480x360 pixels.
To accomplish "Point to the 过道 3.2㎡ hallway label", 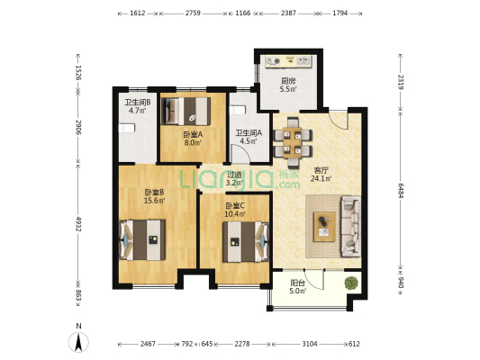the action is pyautogui.click(x=234, y=179).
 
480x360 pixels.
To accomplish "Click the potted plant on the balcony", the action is pyautogui.click(x=351, y=283).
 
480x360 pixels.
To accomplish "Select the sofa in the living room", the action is pyautogui.click(x=350, y=226).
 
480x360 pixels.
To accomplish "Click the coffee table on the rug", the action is pyautogui.click(x=324, y=227).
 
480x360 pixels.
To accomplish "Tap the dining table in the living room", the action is pyautogui.click(x=293, y=143).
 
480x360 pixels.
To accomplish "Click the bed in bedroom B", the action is pyautogui.click(x=142, y=239).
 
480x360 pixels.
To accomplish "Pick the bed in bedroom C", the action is pyautogui.click(x=246, y=242).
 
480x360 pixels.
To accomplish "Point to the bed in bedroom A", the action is pyautogui.click(x=186, y=111).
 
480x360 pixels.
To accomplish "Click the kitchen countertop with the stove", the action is pyautogui.click(x=288, y=61).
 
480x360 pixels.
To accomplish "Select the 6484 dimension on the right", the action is pyautogui.click(x=400, y=191).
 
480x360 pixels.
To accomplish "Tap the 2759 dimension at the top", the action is pyautogui.click(x=193, y=13).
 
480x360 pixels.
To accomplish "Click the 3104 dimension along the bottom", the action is pyautogui.click(x=310, y=344).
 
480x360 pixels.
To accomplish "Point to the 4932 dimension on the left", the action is pyautogui.click(x=78, y=224).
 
